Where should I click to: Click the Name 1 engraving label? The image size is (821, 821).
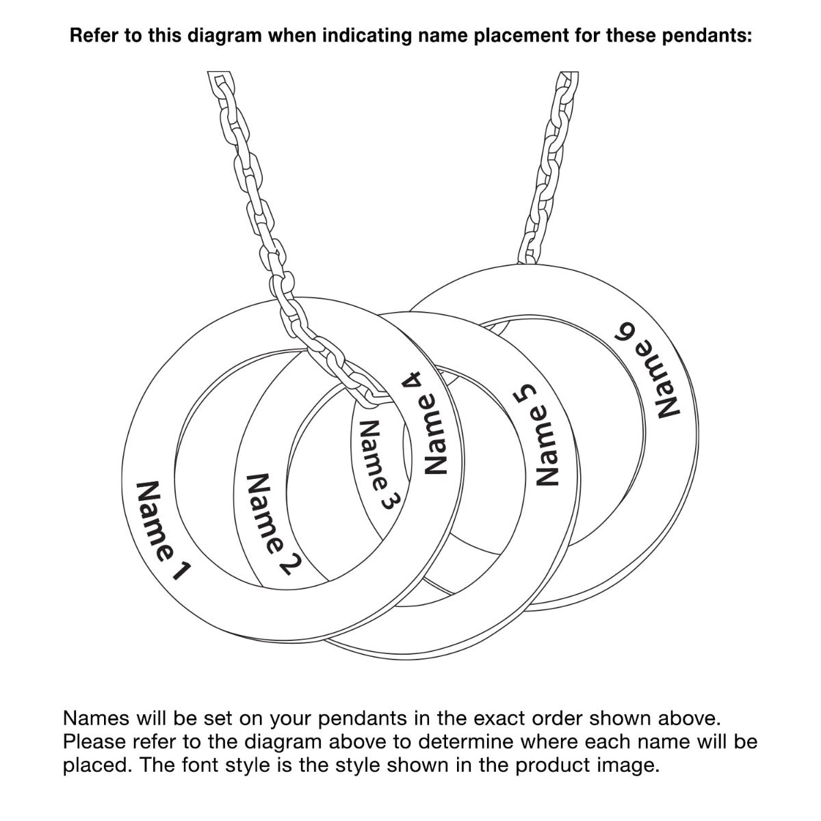point(161,531)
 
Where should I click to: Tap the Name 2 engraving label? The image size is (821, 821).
point(274,525)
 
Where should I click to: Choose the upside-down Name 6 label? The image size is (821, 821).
point(648,369)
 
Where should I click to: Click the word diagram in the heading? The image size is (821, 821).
point(224,36)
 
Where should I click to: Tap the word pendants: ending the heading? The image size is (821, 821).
point(707,36)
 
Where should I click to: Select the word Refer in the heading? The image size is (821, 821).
point(94,36)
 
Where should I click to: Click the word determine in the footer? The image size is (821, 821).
point(465,742)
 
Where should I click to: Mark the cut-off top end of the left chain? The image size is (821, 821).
point(218,73)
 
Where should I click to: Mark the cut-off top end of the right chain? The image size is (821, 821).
point(569,73)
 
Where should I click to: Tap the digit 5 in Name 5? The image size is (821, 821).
point(524,393)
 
